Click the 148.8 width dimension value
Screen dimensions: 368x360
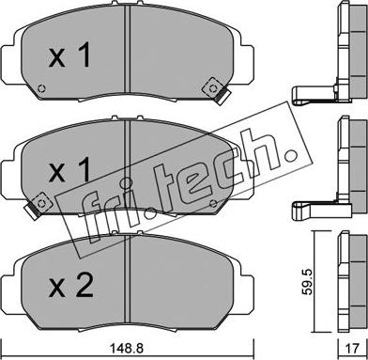(x=127, y=348)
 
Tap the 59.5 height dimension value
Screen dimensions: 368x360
(x=308, y=282)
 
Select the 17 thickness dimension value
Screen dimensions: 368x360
(x=352, y=349)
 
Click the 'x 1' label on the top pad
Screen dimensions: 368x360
(x=69, y=55)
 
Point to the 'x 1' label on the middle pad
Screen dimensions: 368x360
(x=69, y=169)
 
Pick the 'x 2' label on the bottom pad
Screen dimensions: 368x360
(x=70, y=285)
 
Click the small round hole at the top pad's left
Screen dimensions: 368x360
(x=41, y=88)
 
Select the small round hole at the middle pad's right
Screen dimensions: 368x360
(x=213, y=203)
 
